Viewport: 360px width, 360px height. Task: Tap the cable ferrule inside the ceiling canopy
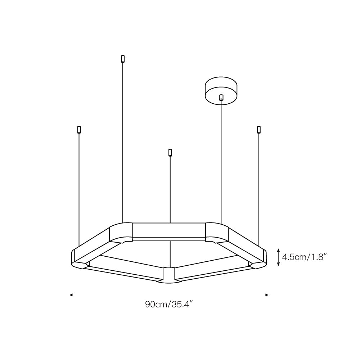(x=221, y=97)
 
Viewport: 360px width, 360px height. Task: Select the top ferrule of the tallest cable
(x=123, y=58)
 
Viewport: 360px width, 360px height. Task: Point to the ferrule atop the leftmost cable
(x=79, y=130)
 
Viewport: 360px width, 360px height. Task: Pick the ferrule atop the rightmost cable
(x=258, y=130)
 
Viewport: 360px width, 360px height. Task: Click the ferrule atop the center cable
(x=170, y=153)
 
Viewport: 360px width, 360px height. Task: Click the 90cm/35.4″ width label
(x=169, y=305)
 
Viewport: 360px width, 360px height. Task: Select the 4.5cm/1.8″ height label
(x=304, y=257)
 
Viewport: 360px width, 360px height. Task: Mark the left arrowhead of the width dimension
(x=71, y=295)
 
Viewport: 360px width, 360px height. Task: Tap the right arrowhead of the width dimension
(x=267, y=295)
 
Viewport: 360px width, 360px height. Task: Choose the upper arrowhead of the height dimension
(x=278, y=250)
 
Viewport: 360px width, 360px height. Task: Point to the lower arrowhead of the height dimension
(x=278, y=264)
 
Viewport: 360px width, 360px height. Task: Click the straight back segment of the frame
(x=169, y=230)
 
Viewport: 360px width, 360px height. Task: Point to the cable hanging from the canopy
(x=221, y=162)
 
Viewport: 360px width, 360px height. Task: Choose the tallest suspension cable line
(x=123, y=144)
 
